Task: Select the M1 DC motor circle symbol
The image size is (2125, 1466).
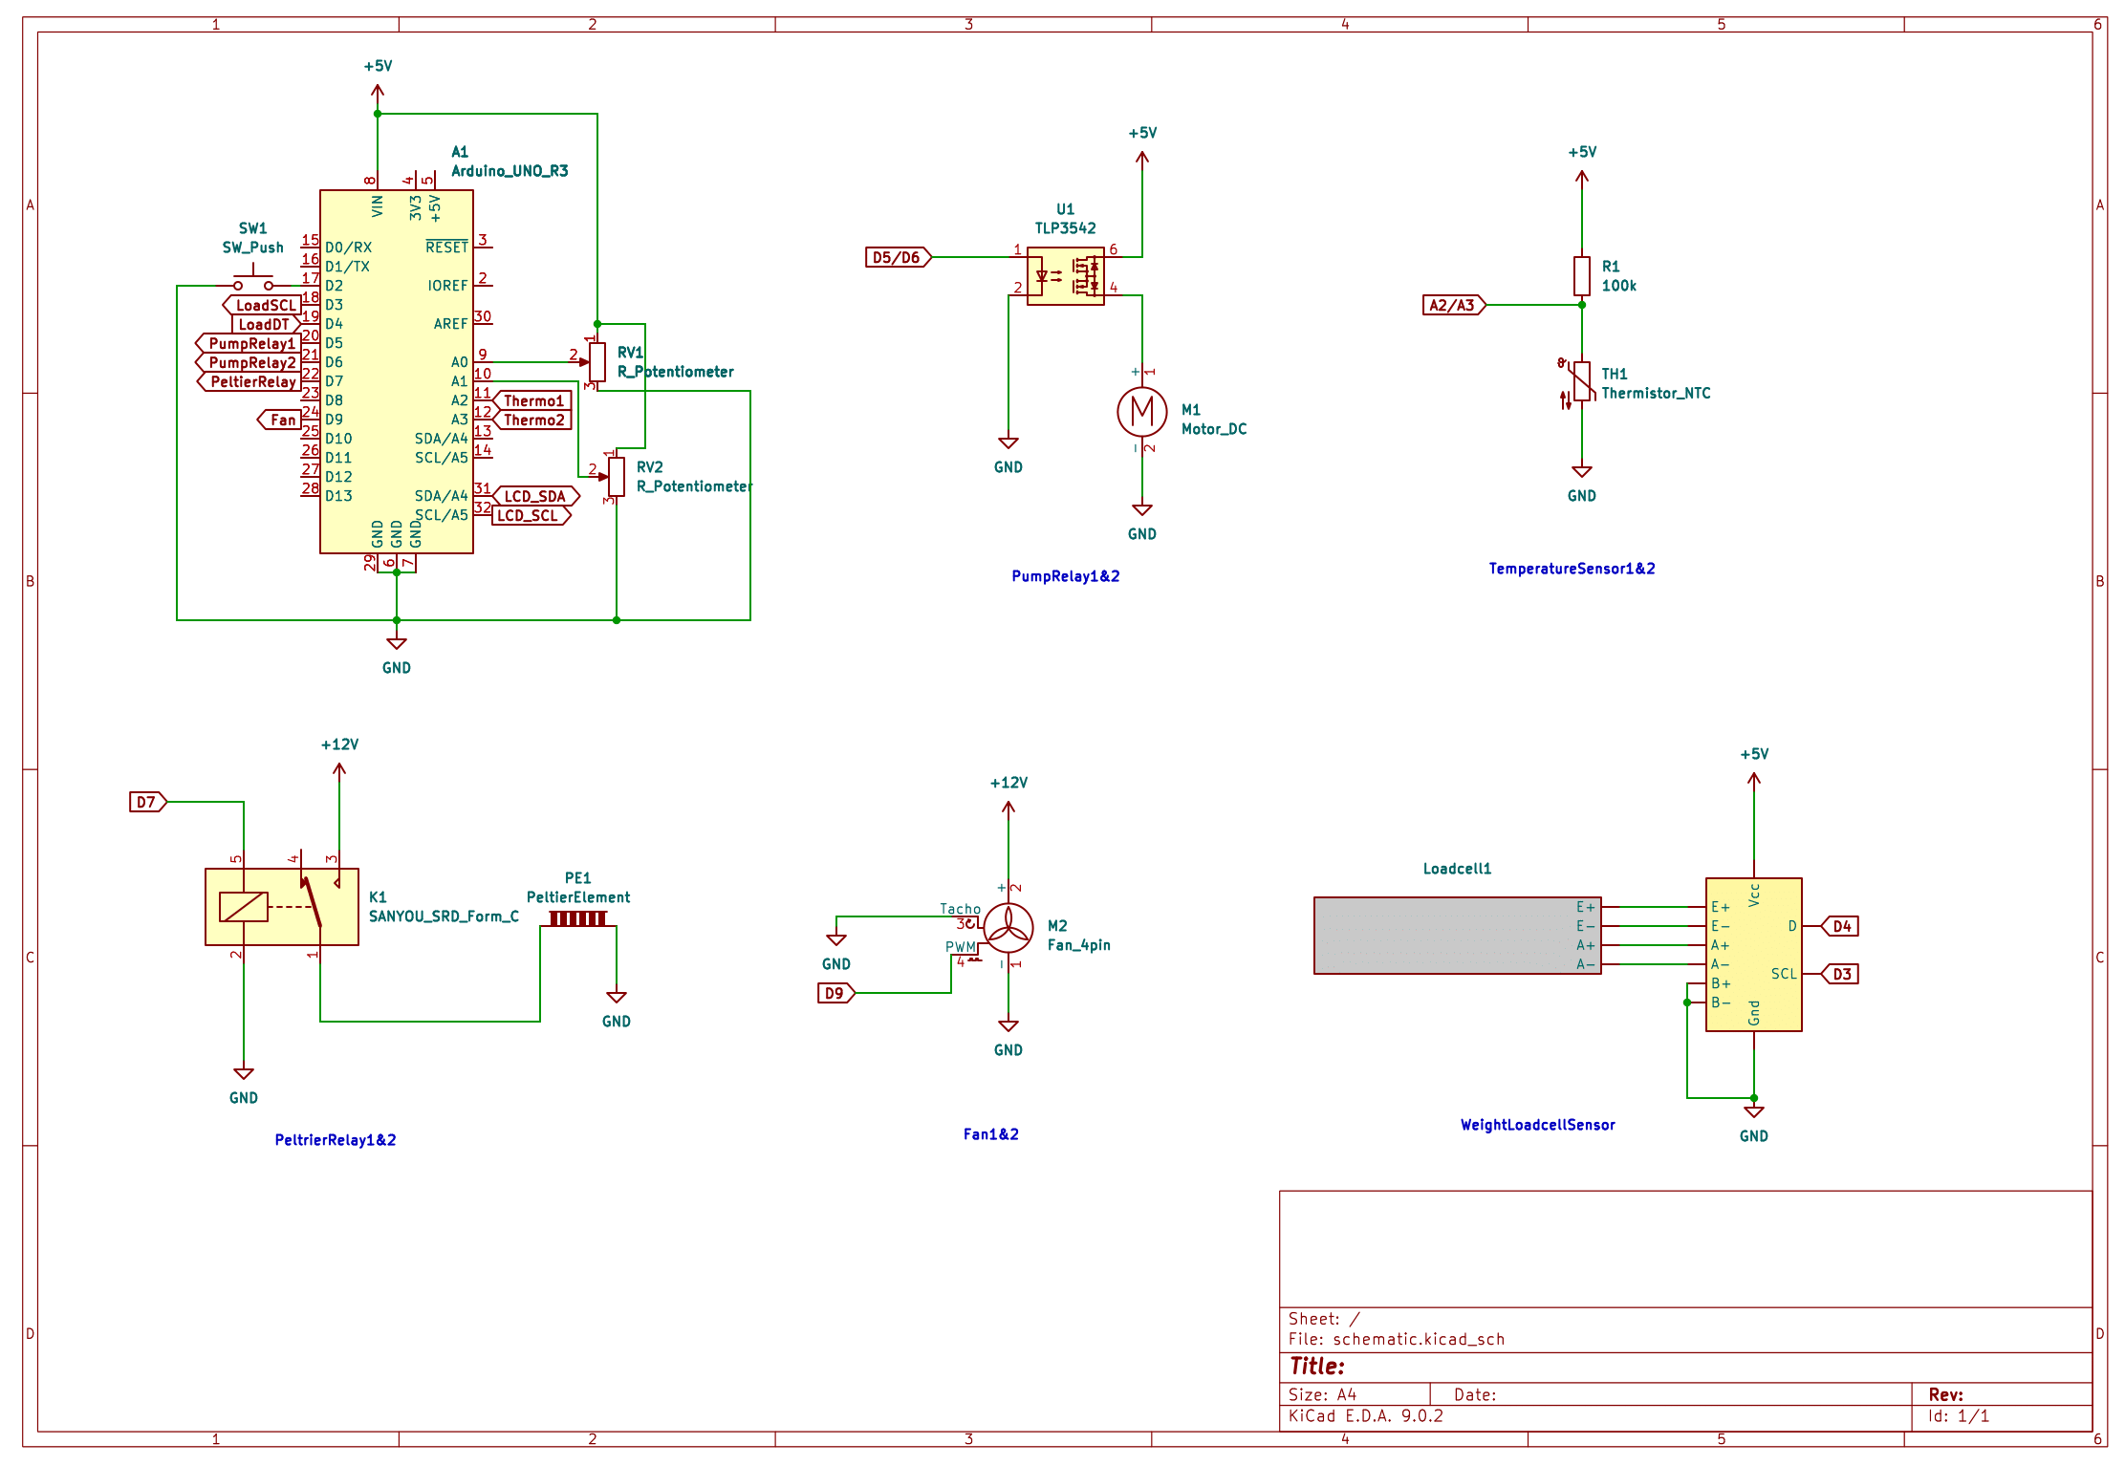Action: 1141,411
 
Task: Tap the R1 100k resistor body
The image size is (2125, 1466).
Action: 1581,275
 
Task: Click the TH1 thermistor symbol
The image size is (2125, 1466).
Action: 1581,381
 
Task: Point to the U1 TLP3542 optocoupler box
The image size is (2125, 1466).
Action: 1065,276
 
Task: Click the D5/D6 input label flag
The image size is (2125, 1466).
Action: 898,257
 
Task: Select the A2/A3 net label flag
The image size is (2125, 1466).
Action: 1453,305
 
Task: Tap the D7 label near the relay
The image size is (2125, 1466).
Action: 147,802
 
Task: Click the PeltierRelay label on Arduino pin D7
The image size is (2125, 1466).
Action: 250,381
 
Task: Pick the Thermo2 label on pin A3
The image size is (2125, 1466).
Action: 533,420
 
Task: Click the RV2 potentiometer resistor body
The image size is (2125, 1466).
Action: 617,476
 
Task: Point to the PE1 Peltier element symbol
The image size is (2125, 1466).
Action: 577,918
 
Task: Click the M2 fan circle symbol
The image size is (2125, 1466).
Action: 1008,927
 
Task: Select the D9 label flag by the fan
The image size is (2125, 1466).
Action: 835,993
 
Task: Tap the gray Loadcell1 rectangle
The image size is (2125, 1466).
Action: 1443,936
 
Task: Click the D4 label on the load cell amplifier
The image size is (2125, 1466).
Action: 1841,926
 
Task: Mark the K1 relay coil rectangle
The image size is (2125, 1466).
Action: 243,906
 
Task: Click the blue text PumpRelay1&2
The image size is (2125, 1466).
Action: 1065,576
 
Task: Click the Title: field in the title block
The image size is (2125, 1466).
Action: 1317,1366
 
